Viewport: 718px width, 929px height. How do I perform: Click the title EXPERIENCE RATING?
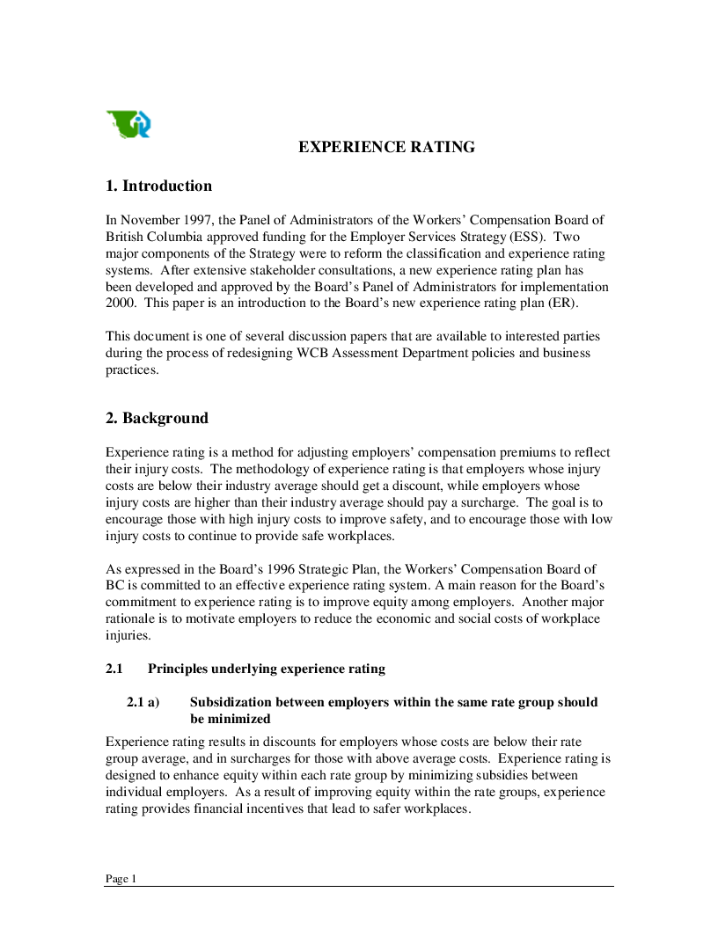(x=386, y=147)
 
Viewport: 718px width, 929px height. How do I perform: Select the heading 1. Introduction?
(x=158, y=186)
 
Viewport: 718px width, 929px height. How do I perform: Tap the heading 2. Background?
(x=157, y=418)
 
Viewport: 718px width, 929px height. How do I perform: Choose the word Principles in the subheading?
(x=179, y=669)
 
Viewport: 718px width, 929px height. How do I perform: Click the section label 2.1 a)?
(x=143, y=702)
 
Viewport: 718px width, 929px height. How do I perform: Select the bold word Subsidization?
(x=231, y=702)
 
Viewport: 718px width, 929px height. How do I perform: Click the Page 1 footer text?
(x=121, y=879)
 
